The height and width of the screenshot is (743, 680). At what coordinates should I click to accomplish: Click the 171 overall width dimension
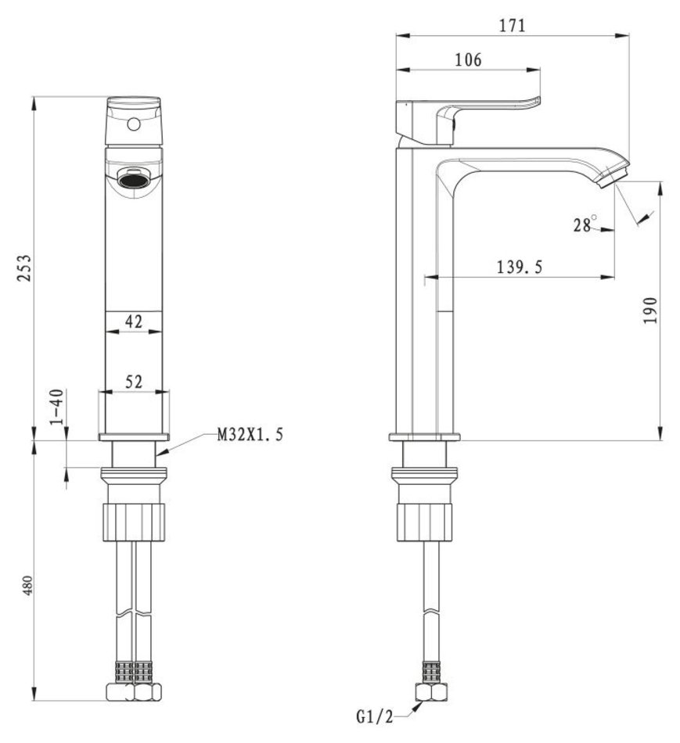pos(512,25)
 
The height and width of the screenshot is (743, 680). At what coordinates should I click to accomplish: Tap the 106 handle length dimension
pos(468,59)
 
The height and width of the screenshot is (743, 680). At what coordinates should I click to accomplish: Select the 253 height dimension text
pos(24,268)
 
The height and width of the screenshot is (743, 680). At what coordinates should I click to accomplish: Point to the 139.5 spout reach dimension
pos(520,267)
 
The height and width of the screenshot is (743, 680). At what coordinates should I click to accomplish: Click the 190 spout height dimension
pos(650,310)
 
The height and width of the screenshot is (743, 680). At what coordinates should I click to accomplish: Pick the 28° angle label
pos(585,224)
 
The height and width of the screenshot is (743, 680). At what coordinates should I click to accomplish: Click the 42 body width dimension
pos(133,321)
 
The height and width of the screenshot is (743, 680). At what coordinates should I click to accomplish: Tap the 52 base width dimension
pos(133,382)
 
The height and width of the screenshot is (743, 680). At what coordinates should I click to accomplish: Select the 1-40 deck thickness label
pos(56,407)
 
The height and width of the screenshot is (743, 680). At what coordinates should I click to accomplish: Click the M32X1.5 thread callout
pos(250,434)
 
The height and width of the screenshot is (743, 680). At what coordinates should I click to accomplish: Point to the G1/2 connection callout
pos(375,717)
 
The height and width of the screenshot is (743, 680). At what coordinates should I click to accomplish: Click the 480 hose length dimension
pos(27,586)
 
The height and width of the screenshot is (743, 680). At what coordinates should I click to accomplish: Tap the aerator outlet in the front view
pos(134,181)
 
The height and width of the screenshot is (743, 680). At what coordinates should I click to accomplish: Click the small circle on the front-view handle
pos(134,124)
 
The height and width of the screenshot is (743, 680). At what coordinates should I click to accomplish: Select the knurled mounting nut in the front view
pos(134,522)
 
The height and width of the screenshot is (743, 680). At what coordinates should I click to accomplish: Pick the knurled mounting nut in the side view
pos(425,522)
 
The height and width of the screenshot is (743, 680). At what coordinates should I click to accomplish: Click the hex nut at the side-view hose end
pos(431,692)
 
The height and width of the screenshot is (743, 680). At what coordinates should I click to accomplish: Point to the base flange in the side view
pos(424,437)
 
